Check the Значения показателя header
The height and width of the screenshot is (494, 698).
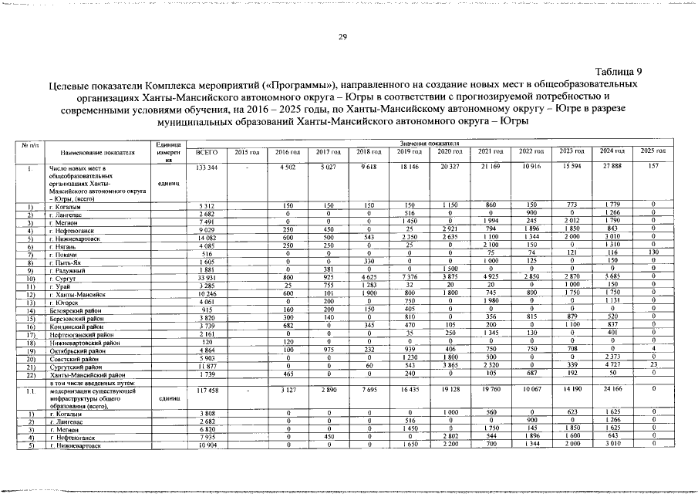tap(431, 144)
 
